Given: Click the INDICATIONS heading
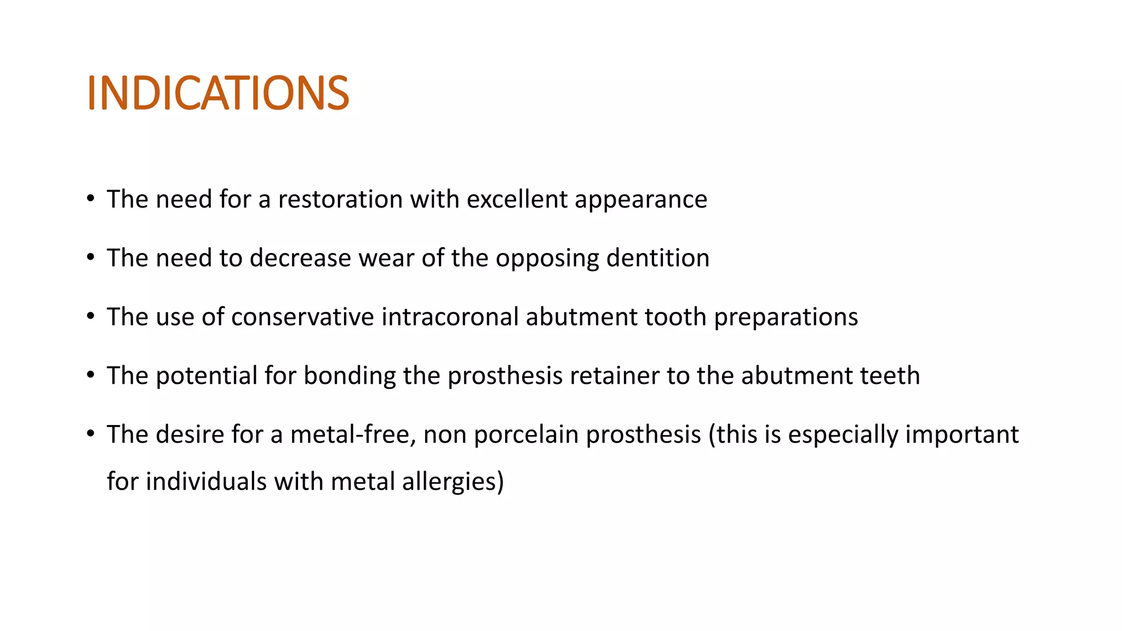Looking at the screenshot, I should point(217,93).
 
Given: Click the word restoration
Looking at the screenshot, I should point(340,199).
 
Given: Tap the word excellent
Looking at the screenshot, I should point(517,199).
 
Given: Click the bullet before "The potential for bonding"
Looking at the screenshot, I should point(91,376).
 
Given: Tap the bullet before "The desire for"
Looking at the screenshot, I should point(91,434).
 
